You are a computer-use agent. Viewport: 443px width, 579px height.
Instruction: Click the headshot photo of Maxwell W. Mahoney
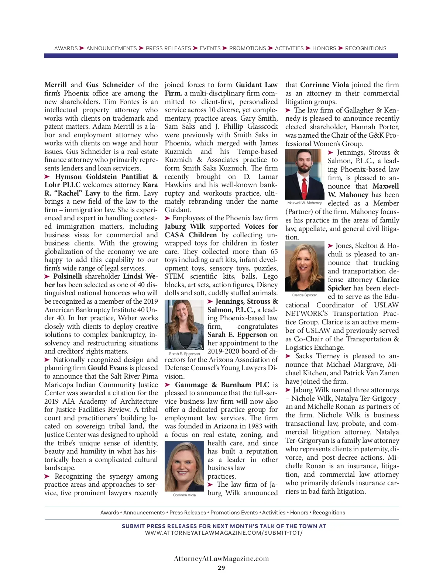point(305,174)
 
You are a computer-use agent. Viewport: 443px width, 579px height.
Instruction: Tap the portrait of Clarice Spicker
point(305,266)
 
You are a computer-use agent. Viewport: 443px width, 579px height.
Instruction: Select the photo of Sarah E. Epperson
point(184,324)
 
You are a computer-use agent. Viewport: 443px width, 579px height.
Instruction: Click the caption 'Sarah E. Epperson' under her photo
point(184,354)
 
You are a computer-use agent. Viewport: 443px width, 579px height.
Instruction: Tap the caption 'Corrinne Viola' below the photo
point(184,495)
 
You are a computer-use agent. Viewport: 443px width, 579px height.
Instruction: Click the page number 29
point(221,568)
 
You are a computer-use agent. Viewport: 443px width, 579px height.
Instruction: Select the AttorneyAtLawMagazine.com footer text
point(221,558)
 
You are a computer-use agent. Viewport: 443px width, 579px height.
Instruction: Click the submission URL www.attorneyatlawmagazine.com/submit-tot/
point(224,533)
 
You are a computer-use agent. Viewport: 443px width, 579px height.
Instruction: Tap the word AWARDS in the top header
point(66,48)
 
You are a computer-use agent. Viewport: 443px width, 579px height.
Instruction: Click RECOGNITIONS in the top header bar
point(365,48)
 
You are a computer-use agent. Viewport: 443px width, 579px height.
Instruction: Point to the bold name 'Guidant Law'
point(257,85)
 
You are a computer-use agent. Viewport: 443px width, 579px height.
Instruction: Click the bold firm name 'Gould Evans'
point(107,368)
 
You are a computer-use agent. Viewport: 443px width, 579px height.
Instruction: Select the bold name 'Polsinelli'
point(68,276)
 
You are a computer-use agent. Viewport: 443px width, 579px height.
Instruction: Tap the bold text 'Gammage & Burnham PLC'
point(222,385)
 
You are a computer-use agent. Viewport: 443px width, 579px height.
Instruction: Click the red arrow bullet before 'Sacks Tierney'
point(288,356)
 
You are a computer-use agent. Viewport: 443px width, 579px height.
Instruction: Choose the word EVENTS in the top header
point(210,48)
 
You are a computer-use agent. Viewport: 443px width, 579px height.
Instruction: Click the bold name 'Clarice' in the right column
point(387,280)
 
